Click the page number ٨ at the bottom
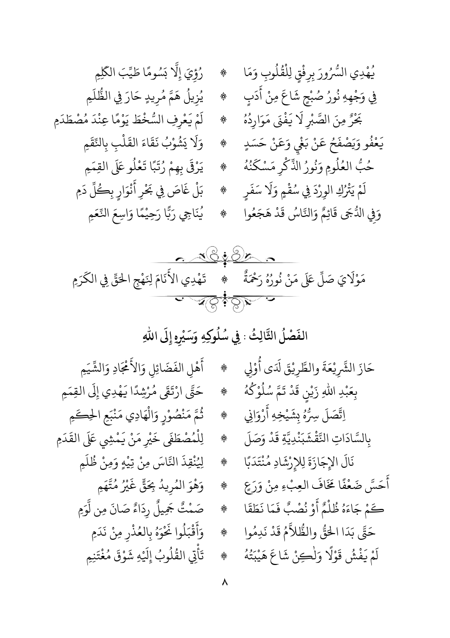click(225, 583)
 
